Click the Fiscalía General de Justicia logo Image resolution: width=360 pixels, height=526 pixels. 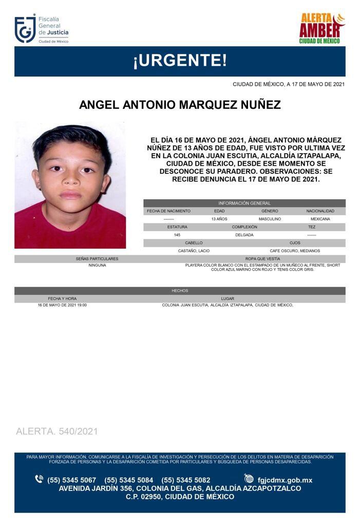click(x=41, y=29)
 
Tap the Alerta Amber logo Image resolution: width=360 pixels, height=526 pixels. click(x=322, y=28)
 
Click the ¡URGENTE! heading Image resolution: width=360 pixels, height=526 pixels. click(x=180, y=61)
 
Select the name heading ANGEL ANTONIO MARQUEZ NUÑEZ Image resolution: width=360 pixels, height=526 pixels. click(x=180, y=105)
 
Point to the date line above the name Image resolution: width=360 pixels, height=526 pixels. click(x=288, y=84)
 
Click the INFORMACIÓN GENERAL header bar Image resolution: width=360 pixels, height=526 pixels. click(x=244, y=203)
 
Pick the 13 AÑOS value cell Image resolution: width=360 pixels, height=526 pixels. click(x=219, y=219)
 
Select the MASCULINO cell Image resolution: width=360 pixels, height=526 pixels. click(x=270, y=219)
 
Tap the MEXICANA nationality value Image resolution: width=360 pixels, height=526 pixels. click(x=320, y=219)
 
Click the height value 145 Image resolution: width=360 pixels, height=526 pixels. click(x=177, y=235)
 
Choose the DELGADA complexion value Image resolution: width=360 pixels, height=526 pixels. click(x=244, y=235)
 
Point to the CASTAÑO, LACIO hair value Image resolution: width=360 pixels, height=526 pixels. click(x=194, y=251)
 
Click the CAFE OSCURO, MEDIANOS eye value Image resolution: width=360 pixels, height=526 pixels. click(x=295, y=251)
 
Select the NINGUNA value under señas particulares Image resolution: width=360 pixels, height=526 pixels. click(x=97, y=266)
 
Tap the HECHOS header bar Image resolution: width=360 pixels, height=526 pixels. click(x=180, y=291)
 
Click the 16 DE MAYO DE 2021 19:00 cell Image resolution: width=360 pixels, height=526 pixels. click(x=62, y=305)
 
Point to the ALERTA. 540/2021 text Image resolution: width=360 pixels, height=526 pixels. click(x=57, y=431)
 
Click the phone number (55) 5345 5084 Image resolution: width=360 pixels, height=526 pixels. click(x=128, y=480)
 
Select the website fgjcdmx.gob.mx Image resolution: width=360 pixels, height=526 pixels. click(x=285, y=480)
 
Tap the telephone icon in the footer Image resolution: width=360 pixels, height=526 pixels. click(x=39, y=479)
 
